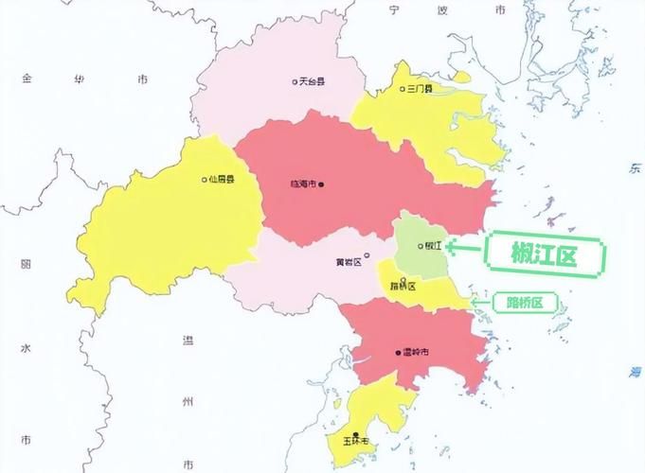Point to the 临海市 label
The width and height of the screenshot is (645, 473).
pos(303,184)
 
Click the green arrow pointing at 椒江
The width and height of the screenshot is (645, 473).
pos(465,247)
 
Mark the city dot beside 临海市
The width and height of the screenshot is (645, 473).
pos(322,184)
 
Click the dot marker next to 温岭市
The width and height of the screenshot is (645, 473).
pos(398,353)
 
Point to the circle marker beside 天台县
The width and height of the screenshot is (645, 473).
pos(295,82)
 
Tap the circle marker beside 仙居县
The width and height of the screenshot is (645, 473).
pos(204,179)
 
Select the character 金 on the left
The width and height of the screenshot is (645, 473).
pos(27,79)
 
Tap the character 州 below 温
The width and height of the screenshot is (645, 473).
pos(188,401)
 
